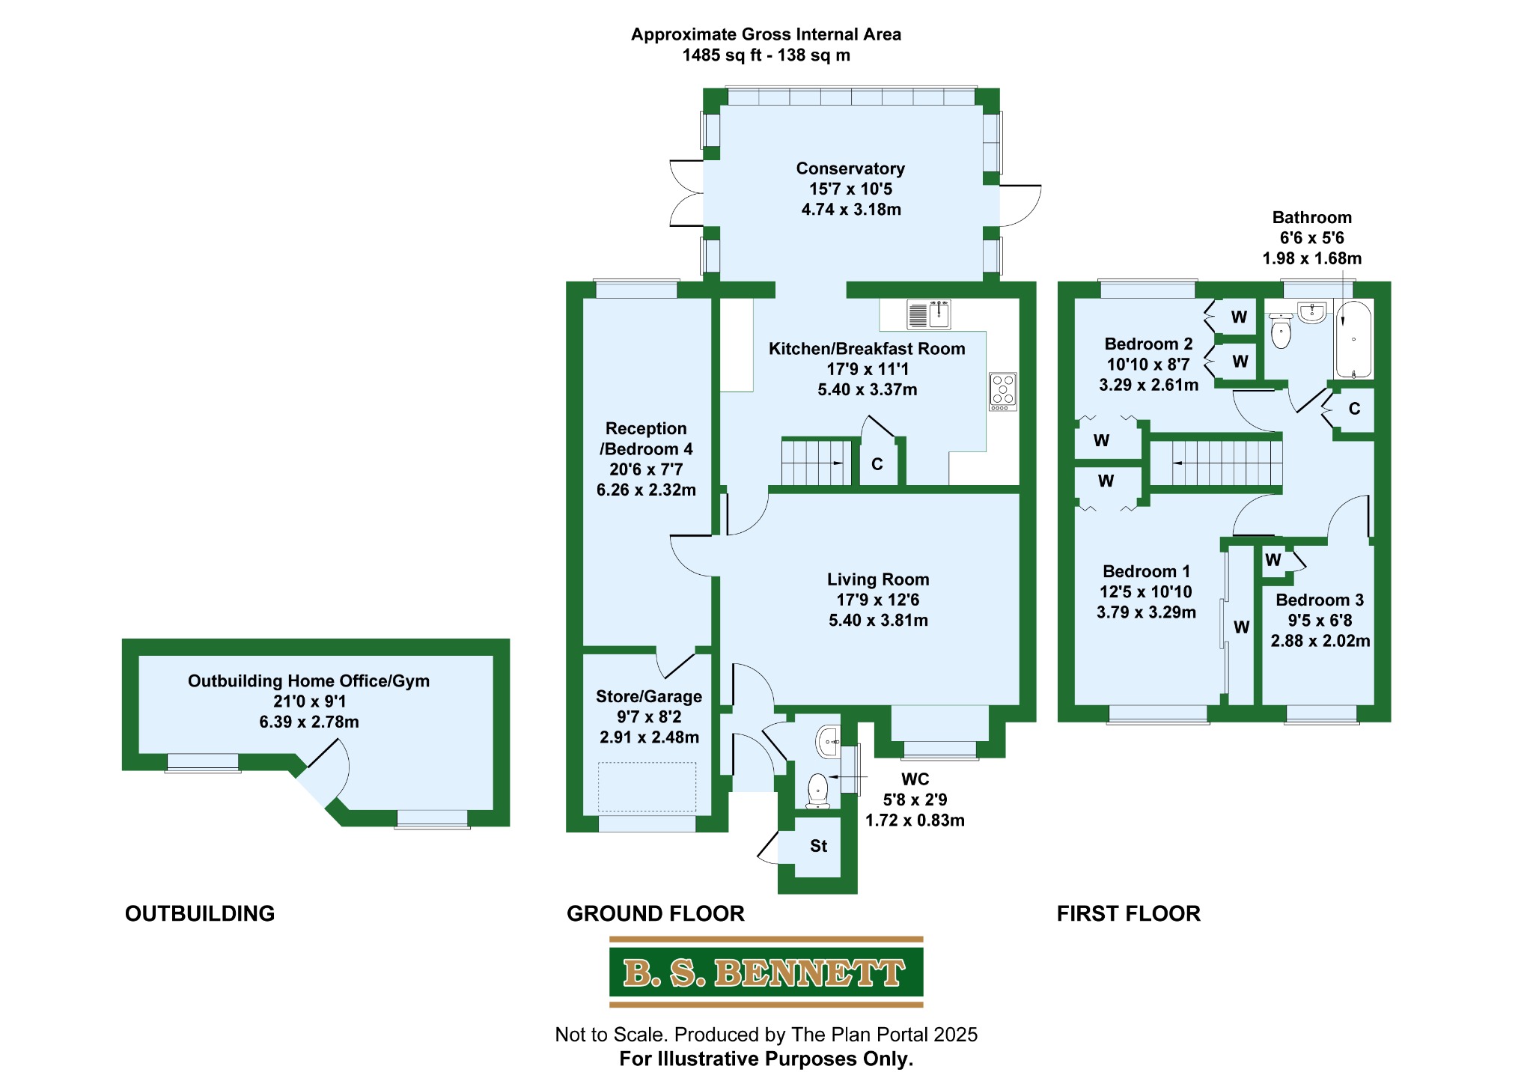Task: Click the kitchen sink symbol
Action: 928,314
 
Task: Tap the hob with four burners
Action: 1003,392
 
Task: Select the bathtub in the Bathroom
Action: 1353,340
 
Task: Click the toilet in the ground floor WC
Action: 817,791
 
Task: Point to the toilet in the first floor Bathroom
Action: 1281,332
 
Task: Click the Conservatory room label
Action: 850,169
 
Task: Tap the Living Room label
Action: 878,579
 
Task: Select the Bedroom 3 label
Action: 1320,600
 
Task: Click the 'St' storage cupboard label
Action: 818,846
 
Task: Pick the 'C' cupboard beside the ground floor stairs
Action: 877,465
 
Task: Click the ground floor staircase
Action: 817,463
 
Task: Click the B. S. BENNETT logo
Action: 766,972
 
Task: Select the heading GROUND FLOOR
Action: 656,913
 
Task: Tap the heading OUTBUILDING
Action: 200,913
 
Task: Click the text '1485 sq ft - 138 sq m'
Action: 766,55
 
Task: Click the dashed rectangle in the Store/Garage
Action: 647,787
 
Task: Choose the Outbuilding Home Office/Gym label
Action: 308,681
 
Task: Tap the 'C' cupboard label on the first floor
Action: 1354,409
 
